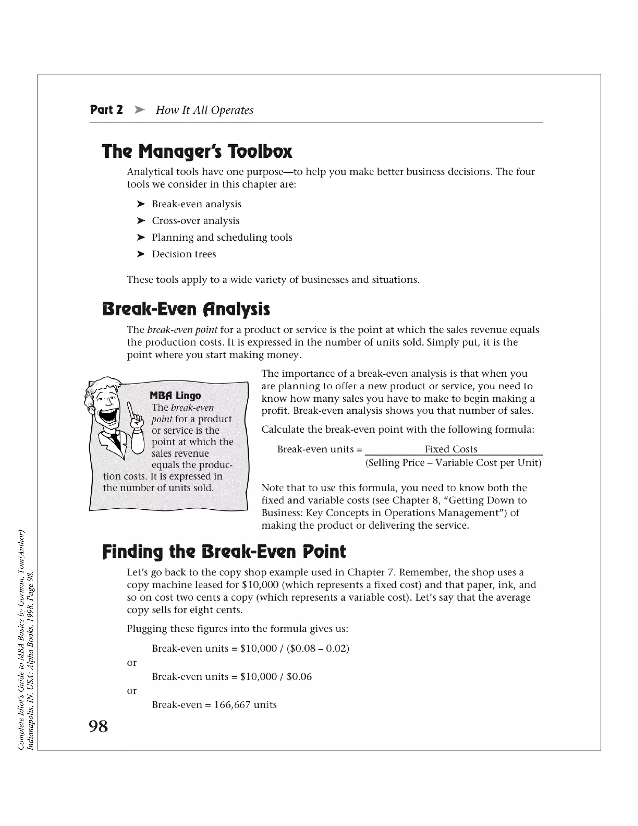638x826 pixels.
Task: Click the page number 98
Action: (x=98, y=727)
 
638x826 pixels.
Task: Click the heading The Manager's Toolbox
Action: (x=197, y=152)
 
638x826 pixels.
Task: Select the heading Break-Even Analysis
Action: (x=186, y=310)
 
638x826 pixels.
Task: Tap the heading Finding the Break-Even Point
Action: (x=224, y=551)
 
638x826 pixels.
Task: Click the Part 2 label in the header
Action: (x=106, y=110)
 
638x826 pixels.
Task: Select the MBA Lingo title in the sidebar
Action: (x=175, y=396)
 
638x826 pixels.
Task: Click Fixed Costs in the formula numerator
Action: (x=451, y=449)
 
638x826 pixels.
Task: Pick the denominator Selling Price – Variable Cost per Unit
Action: (x=453, y=463)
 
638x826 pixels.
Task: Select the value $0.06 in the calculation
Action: (x=299, y=676)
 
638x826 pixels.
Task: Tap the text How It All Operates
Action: (x=204, y=110)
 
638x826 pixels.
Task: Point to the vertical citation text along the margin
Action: (x=26, y=639)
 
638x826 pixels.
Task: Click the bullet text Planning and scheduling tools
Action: (x=222, y=237)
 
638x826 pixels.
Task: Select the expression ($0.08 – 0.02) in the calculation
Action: (x=318, y=648)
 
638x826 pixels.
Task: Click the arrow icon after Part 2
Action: (x=140, y=110)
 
